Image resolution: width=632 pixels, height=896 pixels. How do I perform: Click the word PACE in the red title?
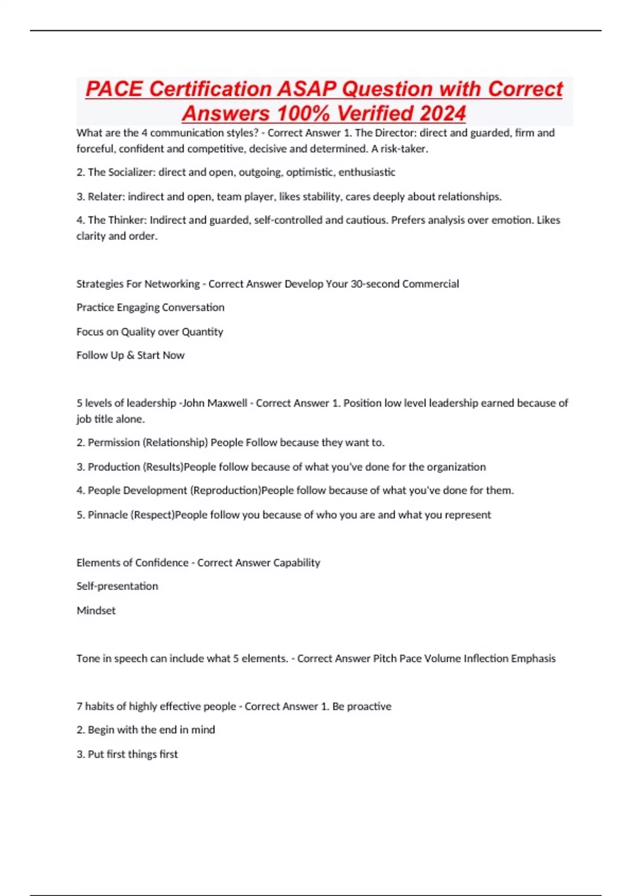point(114,89)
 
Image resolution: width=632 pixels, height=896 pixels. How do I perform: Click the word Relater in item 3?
point(105,197)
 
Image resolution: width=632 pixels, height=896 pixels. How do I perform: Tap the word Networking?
point(172,284)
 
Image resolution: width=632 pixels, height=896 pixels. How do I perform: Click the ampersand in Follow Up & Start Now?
point(131,355)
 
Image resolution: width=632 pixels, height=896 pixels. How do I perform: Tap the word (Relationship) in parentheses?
point(175,443)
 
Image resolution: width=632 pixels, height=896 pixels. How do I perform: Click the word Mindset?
point(96,610)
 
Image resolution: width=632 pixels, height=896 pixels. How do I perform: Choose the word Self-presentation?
point(117,586)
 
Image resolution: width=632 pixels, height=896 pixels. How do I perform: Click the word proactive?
point(368,706)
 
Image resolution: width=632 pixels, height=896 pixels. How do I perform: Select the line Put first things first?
point(127,754)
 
